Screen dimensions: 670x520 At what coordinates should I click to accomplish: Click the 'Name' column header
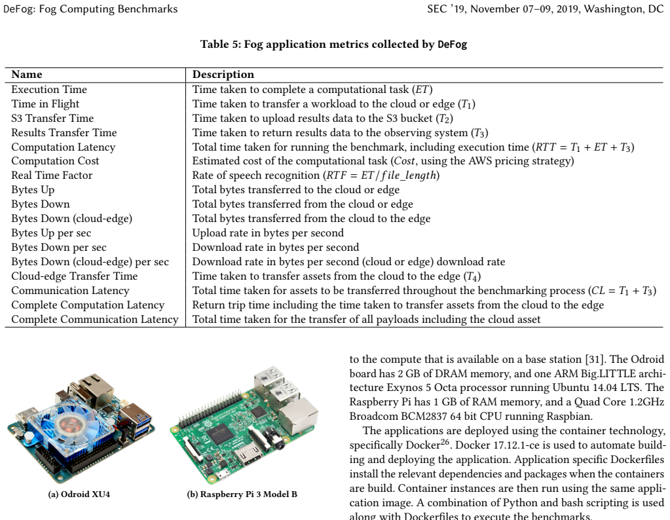coord(26,75)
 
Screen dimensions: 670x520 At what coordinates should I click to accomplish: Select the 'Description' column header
coord(223,75)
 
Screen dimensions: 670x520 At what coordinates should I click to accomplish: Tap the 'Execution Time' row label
coord(49,89)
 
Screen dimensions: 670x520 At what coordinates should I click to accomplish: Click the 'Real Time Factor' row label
coord(52,175)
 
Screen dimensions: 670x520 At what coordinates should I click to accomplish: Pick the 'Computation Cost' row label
coord(55,161)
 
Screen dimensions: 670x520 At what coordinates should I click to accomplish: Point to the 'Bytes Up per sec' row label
coord(51,233)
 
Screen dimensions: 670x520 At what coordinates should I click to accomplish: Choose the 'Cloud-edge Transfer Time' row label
coord(75,276)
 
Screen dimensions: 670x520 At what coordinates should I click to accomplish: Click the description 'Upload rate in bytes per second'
coord(268,233)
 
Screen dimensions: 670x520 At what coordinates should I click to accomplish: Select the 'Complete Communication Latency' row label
coord(95,320)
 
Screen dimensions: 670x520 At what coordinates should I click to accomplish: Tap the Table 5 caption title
coord(334,45)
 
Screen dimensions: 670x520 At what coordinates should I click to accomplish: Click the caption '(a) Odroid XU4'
coord(79,494)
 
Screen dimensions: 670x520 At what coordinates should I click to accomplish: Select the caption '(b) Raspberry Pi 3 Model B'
coord(242,494)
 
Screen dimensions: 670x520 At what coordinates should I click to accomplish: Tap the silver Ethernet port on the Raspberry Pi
coord(298,415)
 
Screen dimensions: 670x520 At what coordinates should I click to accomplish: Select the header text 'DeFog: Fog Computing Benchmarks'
coord(90,9)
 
